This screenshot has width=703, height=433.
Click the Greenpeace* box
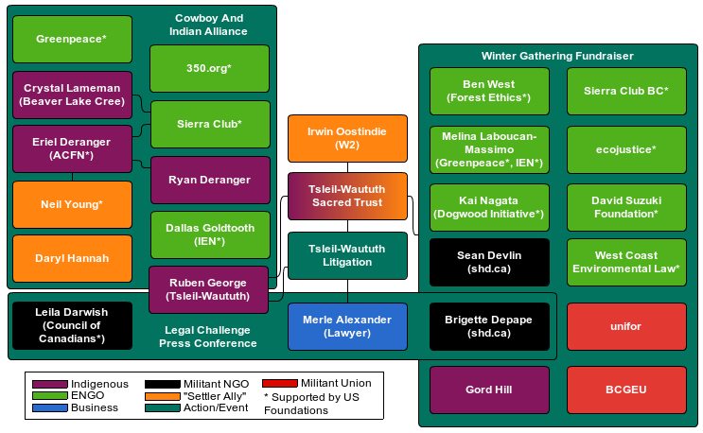71,40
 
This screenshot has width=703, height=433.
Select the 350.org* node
209,69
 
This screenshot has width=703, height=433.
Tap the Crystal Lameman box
71,95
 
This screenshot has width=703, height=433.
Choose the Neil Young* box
71,204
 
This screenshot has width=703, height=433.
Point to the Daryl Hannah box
71,258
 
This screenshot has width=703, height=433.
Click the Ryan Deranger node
209,180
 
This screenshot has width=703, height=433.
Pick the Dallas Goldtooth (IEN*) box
209,234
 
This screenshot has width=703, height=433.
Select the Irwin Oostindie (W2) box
347,138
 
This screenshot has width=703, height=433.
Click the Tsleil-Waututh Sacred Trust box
347,196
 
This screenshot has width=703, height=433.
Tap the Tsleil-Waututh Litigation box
347,255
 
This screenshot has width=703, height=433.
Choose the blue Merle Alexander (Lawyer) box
347,326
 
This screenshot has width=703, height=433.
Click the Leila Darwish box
71,325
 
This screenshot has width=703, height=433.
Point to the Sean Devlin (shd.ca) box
489,262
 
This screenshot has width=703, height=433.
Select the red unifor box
626,326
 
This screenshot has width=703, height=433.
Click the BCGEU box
626,389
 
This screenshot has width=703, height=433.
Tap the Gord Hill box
489,389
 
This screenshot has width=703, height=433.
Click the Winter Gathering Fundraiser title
557,57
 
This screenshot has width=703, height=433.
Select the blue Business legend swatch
50,408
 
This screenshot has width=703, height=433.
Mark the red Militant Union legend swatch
279,383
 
